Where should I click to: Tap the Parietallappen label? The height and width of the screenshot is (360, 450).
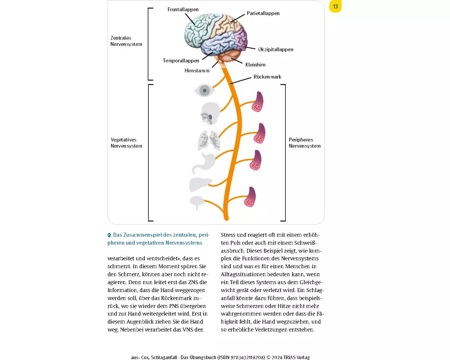coord(263,13)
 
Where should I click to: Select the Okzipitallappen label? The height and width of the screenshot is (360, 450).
coord(275,49)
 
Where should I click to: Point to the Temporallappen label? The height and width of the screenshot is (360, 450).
coord(181,60)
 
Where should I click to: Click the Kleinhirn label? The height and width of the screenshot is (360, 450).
coord(255,65)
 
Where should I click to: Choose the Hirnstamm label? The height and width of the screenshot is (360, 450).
coord(197,71)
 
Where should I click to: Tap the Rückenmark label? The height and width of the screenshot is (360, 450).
coord(267,77)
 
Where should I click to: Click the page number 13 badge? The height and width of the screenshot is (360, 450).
coord(335,6)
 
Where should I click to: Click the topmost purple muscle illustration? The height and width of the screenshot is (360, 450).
coord(258,103)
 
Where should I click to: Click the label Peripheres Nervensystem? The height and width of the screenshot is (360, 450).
coord(305,143)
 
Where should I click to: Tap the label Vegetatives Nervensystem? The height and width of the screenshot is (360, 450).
coord(126,143)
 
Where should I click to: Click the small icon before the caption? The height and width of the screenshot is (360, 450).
coord(109,235)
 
